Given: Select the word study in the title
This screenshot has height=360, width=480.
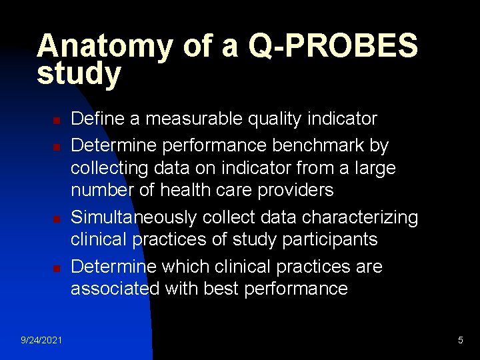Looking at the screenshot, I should pos(79,74).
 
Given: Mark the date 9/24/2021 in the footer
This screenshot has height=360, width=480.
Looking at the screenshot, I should pos(41,341).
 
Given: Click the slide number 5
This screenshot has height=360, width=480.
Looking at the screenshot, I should pos(461,341).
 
